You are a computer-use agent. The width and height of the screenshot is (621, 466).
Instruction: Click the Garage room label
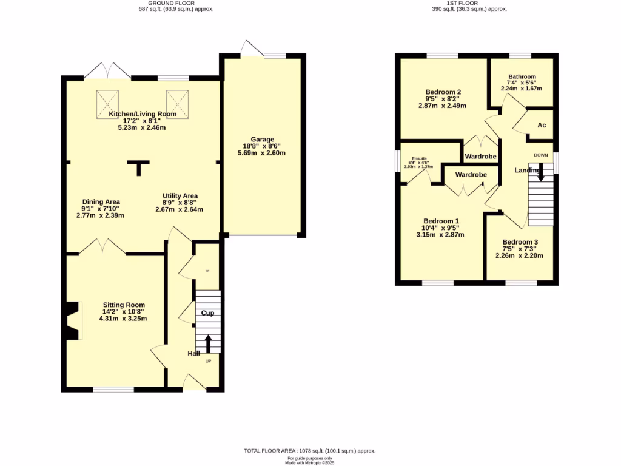coord(263,139)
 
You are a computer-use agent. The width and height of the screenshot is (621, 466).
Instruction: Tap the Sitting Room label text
coord(124,305)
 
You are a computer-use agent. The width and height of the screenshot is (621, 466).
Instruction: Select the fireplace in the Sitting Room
coord(72,321)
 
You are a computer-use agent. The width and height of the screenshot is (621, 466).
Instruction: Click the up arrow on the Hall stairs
coord(208,343)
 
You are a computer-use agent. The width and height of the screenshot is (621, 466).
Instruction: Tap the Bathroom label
coord(522,76)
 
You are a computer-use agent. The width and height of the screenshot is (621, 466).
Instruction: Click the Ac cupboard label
coord(542,125)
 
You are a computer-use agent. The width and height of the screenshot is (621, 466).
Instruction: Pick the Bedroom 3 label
coord(520,241)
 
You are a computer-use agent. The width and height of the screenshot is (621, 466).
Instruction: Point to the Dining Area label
coord(101,201)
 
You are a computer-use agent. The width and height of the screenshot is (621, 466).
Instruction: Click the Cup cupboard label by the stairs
coord(207,313)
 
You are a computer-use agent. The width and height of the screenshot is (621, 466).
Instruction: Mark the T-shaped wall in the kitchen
coord(141,167)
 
